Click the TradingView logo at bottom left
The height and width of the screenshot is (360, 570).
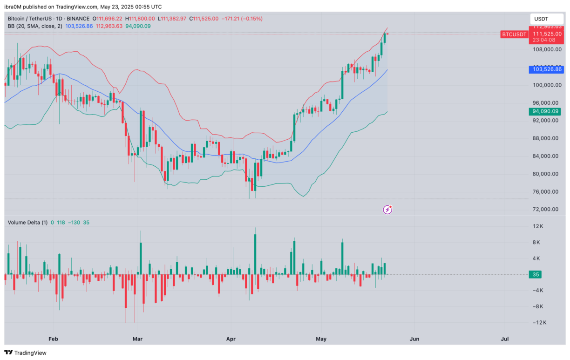26,353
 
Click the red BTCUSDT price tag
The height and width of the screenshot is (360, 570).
514,34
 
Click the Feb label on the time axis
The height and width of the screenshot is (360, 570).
53,339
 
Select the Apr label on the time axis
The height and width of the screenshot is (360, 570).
231,339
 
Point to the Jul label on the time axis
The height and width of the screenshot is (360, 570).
504,339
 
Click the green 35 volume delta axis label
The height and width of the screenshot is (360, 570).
536,274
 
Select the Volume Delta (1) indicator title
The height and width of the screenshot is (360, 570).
27,223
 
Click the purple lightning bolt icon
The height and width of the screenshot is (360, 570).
387,210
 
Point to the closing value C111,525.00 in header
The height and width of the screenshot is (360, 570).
201,19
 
